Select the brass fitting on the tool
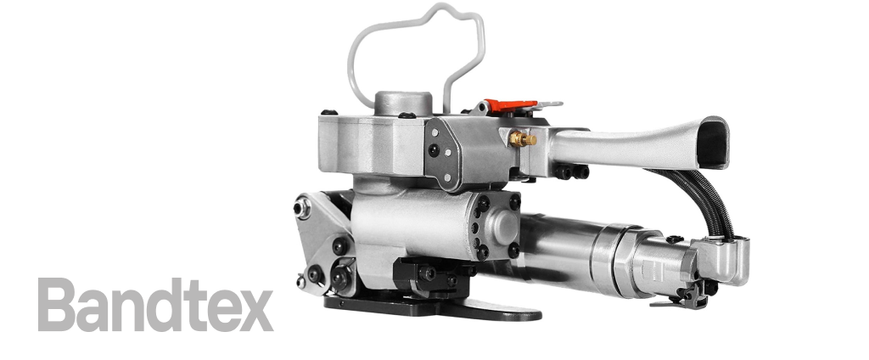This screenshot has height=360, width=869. click(x=522, y=138)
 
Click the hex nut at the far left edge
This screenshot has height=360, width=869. click(x=300, y=207)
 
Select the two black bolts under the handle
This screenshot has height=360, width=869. click(x=571, y=172)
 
